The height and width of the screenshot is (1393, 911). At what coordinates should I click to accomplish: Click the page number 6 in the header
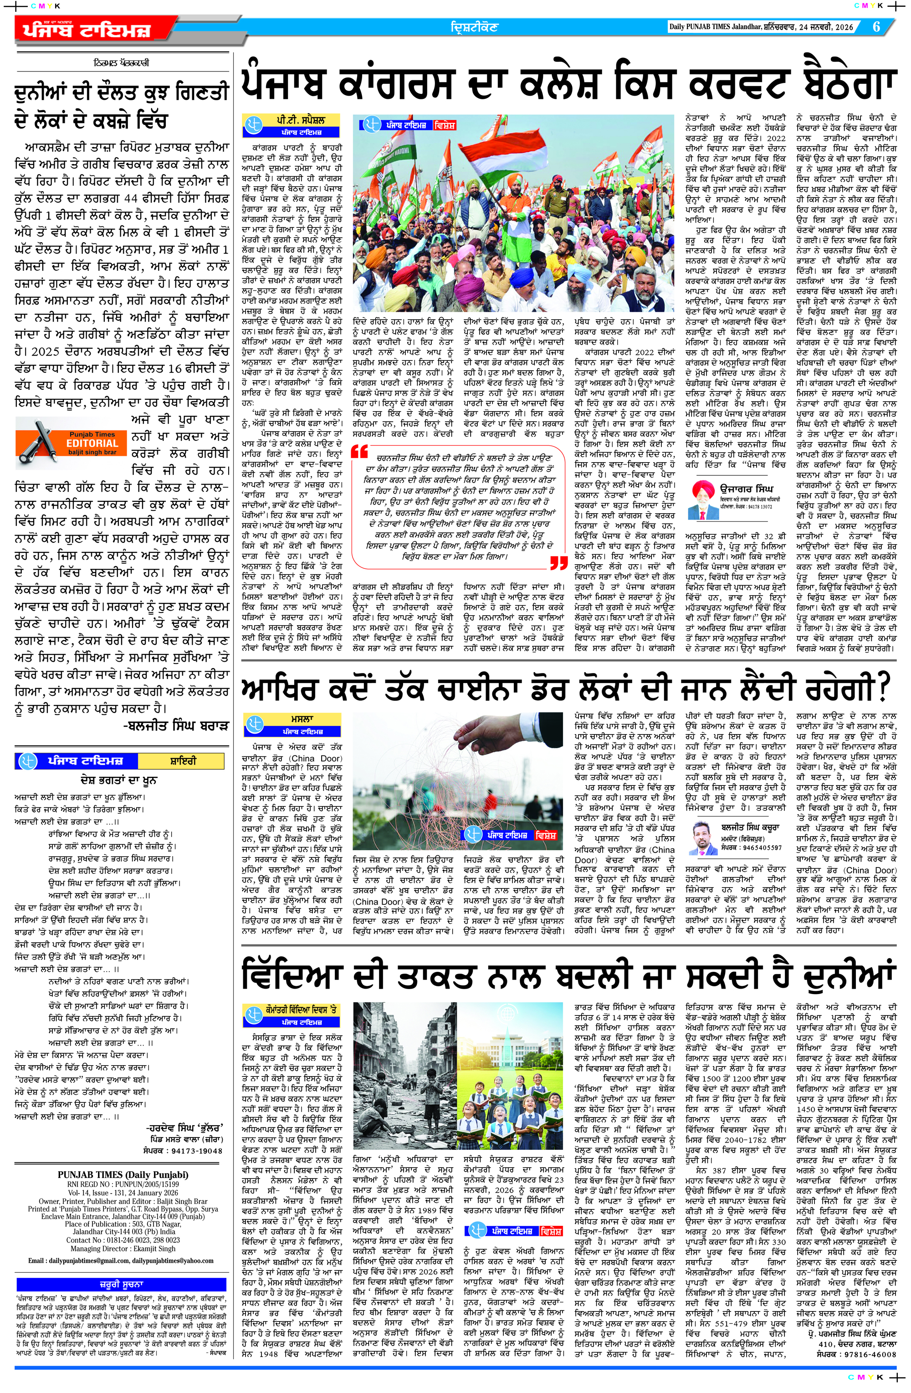876,27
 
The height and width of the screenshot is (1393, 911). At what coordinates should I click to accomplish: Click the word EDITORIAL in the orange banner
92,444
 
